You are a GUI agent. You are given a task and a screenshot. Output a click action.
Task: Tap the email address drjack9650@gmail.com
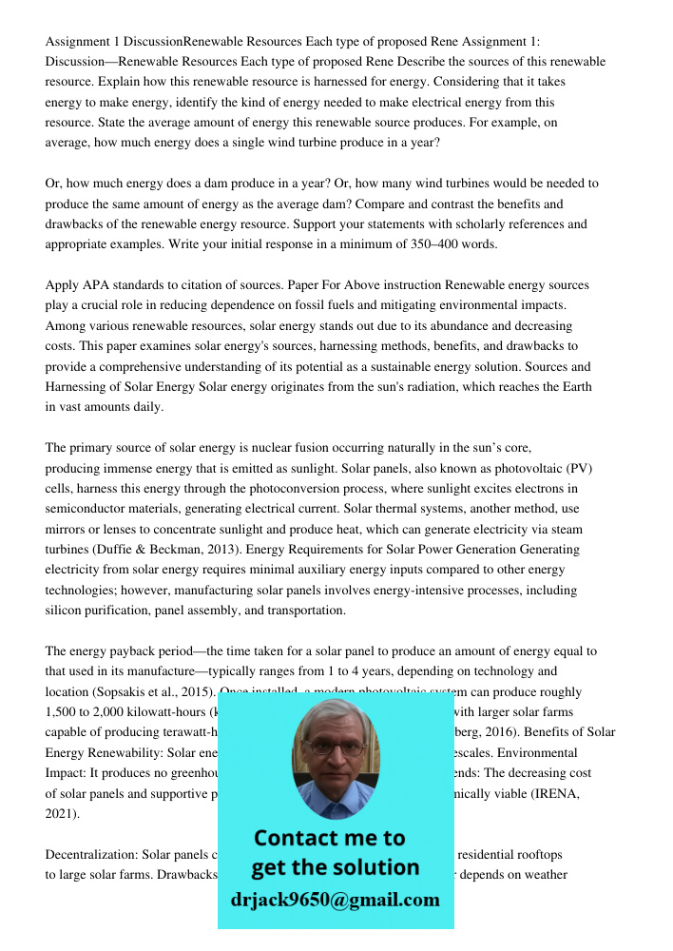tap(336, 899)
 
